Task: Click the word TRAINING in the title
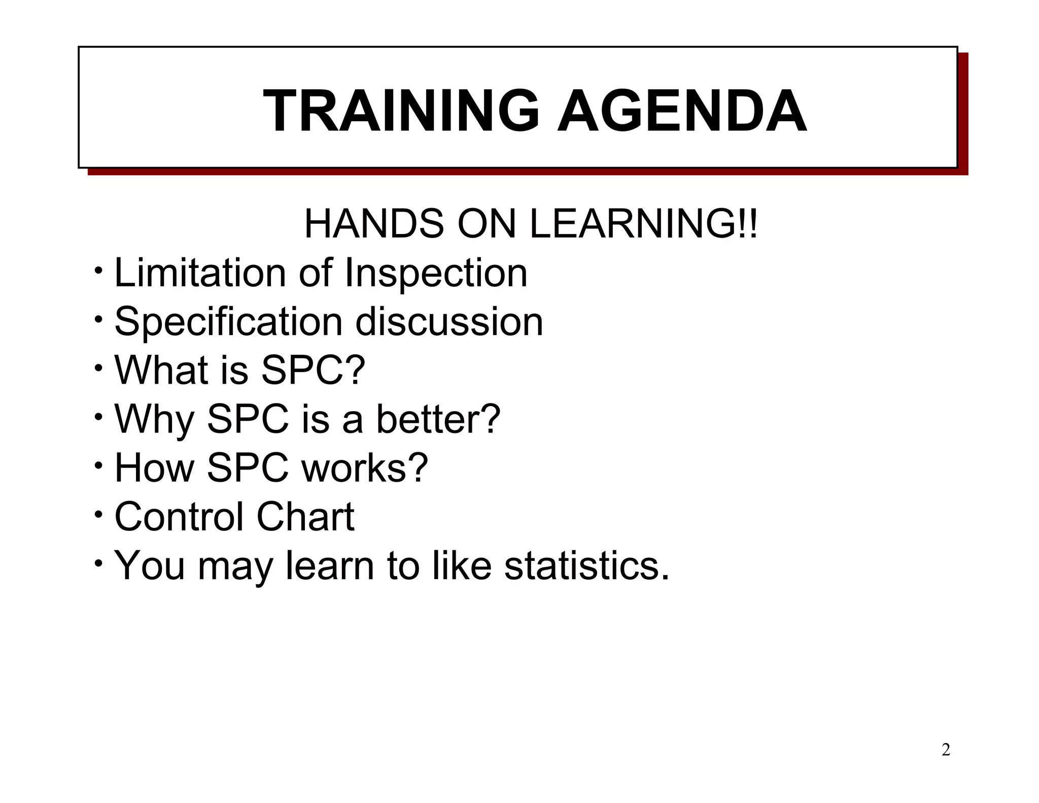pyautogui.click(x=401, y=111)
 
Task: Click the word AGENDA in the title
pyautogui.click(x=682, y=111)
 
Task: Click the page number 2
pyautogui.click(x=946, y=750)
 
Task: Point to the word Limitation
pyautogui.click(x=200, y=273)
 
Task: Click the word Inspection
pyautogui.click(x=436, y=273)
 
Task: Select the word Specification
pyautogui.click(x=229, y=322)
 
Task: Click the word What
pyautogui.click(x=161, y=370)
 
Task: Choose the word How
pyautogui.click(x=155, y=468)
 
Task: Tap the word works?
pyautogui.click(x=365, y=468)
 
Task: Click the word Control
pyautogui.click(x=179, y=517)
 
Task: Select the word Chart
pyautogui.click(x=305, y=517)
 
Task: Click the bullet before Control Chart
pyautogui.click(x=98, y=515)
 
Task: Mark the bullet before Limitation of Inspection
pyautogui.click(x=98, y=270)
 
